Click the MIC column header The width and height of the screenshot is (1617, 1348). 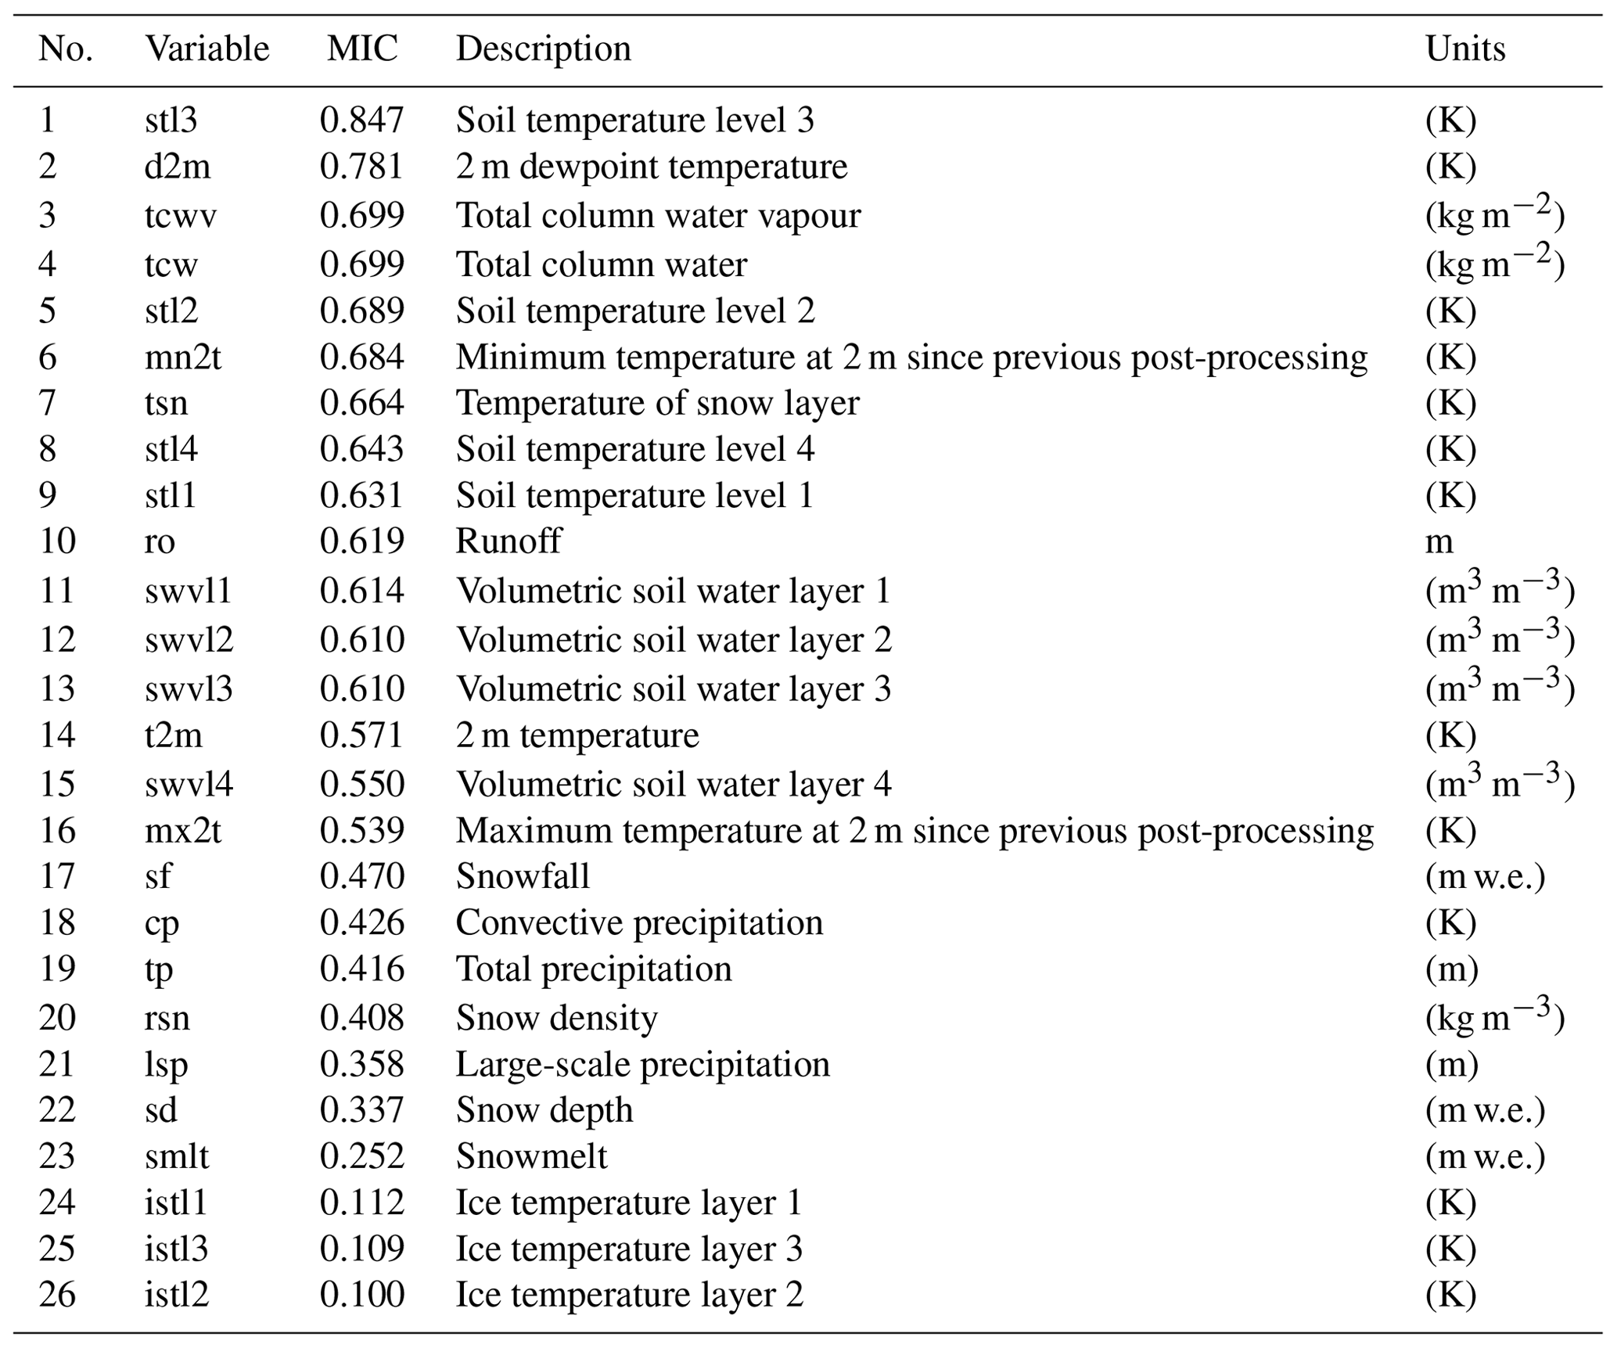pyautogui.click(x=362, y=49)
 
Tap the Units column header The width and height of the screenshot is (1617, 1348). pyautogui.click(x=1465, y=49)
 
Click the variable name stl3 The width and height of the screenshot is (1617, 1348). pyautogui.click(x=171, y=120)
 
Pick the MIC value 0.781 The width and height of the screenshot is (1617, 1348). pyautogui.click(x=361, y=167)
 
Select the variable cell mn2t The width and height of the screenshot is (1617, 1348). pyautogui.click(x=183, y=357)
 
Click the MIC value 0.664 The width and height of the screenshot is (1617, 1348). pyautogui.click(x=361, y=403)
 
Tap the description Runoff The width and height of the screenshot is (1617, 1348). pyautogui.click(x=508, y=541)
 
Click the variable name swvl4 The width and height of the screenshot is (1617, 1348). pyautogui.click(x=189, y=784)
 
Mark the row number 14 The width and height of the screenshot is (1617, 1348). pyautogui.click(x=57, y=735)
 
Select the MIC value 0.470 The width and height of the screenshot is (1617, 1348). pyautogui.click(x=361, y=876)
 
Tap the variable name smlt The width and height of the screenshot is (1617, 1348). pyautogui.click(x=177, y=1156)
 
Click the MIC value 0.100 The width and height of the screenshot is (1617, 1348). pyautogui.click(x=361, y=1295)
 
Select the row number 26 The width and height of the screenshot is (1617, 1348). pyautogui.click(x=57, y=1295)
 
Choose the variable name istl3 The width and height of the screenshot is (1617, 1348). pyautogui.click(x=176, y=1249)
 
